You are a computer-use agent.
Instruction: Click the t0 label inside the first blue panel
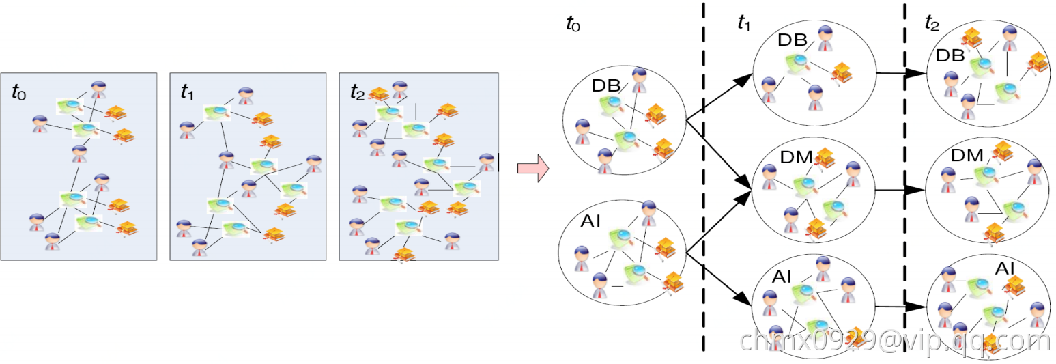[x=19, y=92]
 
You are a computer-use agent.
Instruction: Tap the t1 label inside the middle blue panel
[x=187, y=92]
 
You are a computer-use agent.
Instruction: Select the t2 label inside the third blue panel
[x=357, y=92]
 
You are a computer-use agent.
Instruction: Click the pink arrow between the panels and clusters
[x=533, y=168]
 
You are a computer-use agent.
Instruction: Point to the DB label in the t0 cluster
[x=605, y=86]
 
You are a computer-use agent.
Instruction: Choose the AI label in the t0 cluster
[x=590, y=221]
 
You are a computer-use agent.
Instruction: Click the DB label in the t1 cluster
[x=793, y=40]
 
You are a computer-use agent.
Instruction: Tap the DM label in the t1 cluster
[x=796, y=157]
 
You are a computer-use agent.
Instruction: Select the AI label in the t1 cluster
[x=782, y=277]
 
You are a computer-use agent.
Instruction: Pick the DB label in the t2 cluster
[x=950, y=55]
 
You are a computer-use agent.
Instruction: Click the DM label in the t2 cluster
[x=967, y=155]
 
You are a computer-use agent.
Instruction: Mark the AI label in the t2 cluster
[x=1005, y=268]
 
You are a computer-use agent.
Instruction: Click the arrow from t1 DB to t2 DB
[x=901, y=73]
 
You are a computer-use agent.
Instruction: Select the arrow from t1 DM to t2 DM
[x=900, y=190]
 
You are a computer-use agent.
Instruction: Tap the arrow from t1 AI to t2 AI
[x=901, y=307]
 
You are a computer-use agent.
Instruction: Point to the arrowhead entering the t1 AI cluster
[x=744, y=298]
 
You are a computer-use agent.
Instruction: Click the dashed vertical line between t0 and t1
[x=703, y=177]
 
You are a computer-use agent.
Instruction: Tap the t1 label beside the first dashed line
[x=744, y=23]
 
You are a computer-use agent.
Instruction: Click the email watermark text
[x=896, y=340]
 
